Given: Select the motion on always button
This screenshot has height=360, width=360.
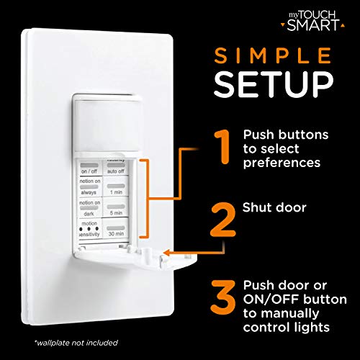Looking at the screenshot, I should [x=90, y=189].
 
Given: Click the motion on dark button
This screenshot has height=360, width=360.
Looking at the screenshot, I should [x=90, y=210].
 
